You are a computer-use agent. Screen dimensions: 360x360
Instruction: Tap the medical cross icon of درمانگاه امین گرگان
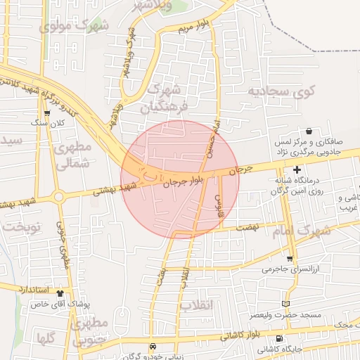297,169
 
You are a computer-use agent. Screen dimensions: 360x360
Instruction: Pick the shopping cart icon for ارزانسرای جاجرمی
290,259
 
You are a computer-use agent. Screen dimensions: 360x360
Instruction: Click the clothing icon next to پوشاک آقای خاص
60,295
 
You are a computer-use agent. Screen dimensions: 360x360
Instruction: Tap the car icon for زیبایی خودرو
153,347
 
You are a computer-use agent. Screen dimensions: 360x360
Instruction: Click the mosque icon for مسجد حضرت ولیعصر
285,304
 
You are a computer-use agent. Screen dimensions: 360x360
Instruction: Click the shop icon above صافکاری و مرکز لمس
309,131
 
